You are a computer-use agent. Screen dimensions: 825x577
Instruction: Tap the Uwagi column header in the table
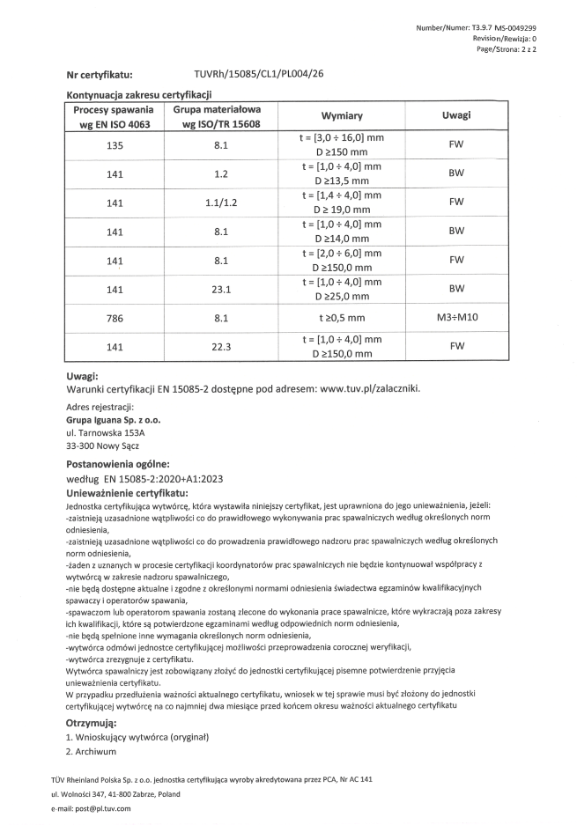pos(456,116)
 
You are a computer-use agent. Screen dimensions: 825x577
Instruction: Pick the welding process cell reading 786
pos(114,316)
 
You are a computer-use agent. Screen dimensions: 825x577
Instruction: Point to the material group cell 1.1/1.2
pos(221,203)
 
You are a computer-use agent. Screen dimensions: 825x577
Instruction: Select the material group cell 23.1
pos(221,288)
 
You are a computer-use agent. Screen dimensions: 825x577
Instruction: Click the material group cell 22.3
pos(221,346)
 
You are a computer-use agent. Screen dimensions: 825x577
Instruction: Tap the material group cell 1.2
pos(221,174)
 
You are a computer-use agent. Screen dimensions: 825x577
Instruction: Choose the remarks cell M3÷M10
pos(456,316)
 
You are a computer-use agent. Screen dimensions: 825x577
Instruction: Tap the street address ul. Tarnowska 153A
pos(106,433)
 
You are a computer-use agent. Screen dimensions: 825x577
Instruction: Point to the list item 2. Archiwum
pos(92,752)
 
